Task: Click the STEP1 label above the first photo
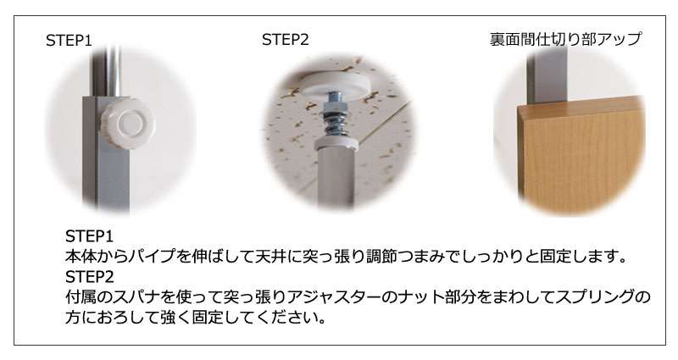69,41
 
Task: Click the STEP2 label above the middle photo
286,40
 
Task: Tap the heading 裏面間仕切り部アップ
565,39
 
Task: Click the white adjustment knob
128,124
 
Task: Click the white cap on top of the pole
336,144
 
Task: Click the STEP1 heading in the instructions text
89,236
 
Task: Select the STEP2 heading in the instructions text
90,277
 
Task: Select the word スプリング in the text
595,297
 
